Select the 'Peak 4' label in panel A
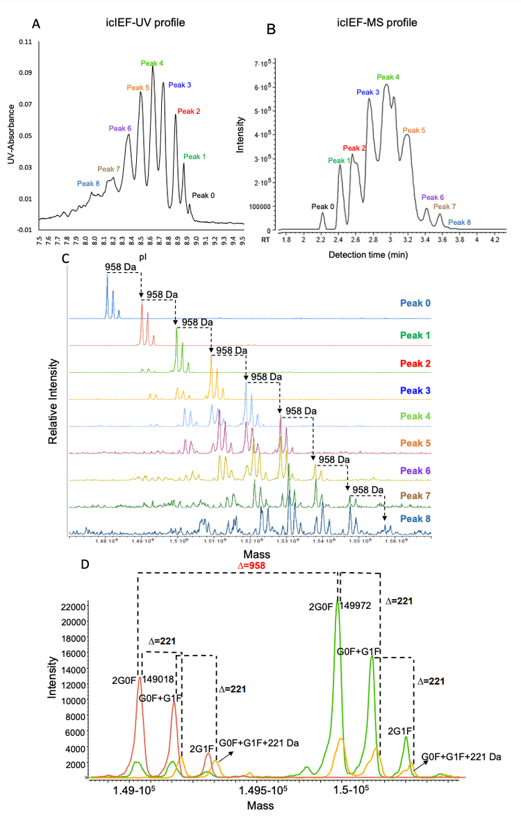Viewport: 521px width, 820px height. click(x=152, y=63)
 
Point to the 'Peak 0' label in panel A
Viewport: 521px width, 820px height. click(x=203, y=196)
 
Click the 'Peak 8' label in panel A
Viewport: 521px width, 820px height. click(x=88, y=184)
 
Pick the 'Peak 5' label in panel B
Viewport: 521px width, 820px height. click(x=414, y=130)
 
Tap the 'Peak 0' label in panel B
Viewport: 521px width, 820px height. click(x=322, y=206)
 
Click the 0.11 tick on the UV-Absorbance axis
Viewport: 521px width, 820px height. click(x=24, y=42)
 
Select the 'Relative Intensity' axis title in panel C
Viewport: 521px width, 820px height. click(x=53, y=401)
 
